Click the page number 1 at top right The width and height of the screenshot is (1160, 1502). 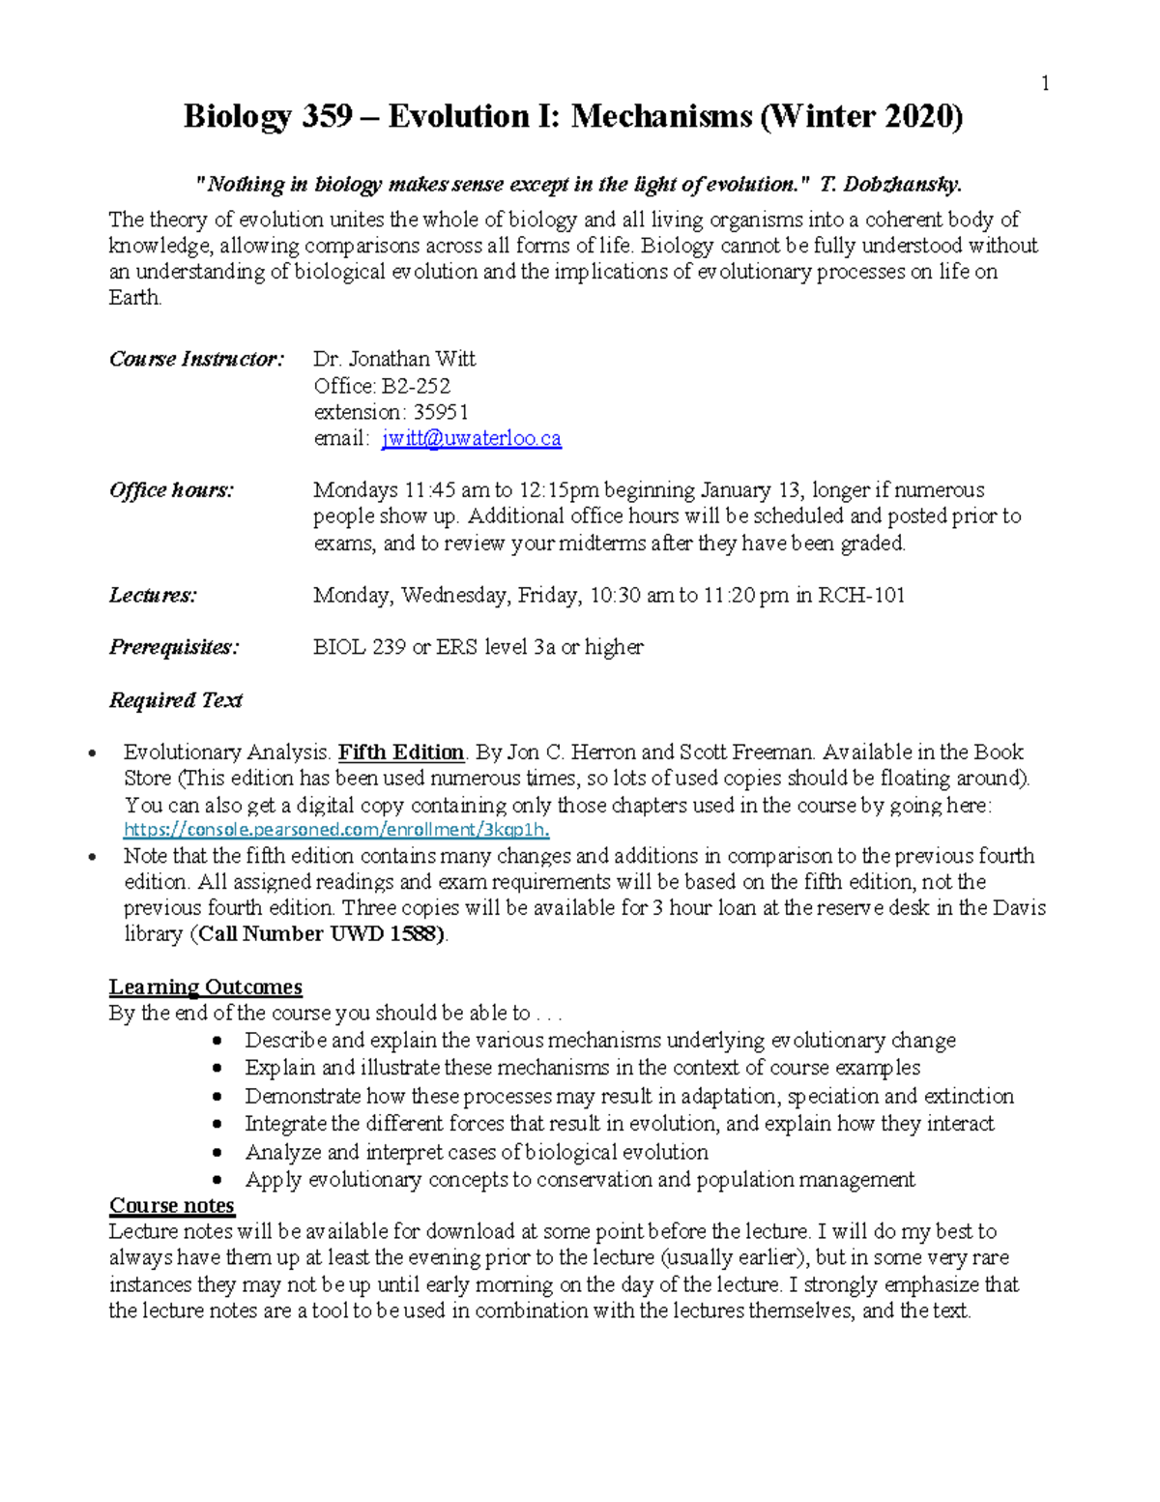pyautogui.click(x=1044, y=84)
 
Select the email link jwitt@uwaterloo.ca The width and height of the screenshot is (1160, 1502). pyautogui.click(x=472, y=438)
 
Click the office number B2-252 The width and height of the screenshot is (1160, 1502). pyautogui.click(x=416, y=386)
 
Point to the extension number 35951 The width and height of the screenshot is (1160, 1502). pyautogui.click(x=441, y=412)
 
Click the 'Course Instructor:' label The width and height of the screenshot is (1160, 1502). pyautogui.click(x=196, y=360)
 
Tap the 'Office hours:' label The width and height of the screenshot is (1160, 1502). pyautogui.click(x=171, y=490)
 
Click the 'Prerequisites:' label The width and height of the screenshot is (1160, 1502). pyautogui.click(x=174, y=647)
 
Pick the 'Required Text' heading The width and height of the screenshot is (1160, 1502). pyautogui.click(x=175, y=700)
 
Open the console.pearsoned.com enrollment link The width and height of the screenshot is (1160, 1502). pyautogui.click(x=337, y=830)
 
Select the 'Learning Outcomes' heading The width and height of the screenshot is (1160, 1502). pyautogui.click(x=205, y=987)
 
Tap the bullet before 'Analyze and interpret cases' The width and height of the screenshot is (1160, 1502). pyautogui.click(x=219, y=1153)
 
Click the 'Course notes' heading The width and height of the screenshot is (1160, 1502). pyautogui.click(x=171, y=1205)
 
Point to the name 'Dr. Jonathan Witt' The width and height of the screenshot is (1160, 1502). pyautogui.click(x=394, y=360)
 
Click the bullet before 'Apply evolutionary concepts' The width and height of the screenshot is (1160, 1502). pyautogui.click(x=219, y=1180)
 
